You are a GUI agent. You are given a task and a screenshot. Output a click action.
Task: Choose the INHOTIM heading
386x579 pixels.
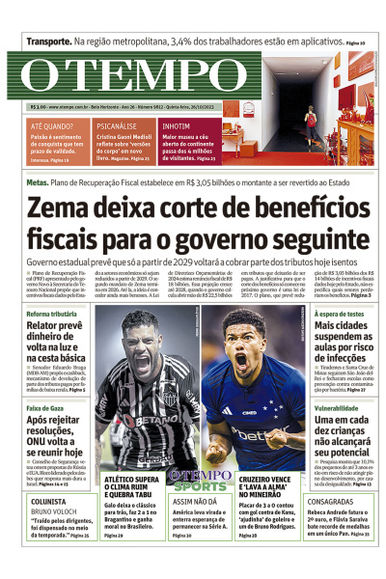177,126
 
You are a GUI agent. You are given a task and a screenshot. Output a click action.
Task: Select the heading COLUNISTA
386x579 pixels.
49,502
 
